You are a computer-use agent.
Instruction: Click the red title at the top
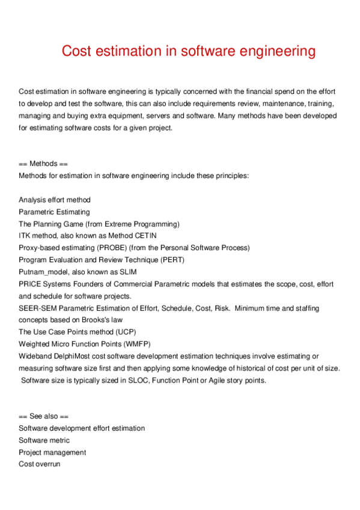pos(189,51)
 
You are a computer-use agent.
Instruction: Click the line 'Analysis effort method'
pos(55,200)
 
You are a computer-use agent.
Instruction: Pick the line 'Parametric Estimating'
pos(54,212)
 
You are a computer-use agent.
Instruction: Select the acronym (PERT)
pos(189,260)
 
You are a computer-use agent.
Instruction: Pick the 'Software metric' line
pos(44,440)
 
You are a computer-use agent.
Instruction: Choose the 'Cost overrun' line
pos(39,464)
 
